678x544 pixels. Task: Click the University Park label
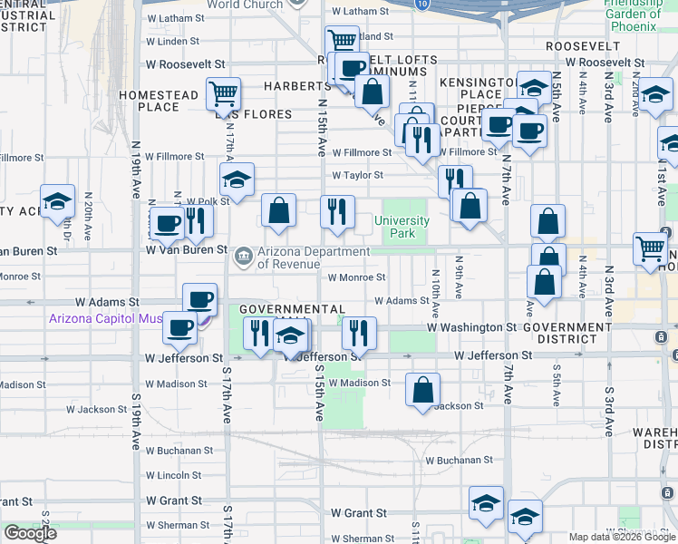point(402,227)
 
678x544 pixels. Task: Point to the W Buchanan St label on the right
point(462,460)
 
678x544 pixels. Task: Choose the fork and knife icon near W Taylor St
point(455,180)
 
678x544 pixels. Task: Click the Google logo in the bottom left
point(30,533)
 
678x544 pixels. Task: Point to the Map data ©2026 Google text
point(622,537)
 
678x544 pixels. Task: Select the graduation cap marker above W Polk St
point(237,180)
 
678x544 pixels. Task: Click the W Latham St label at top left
point(178,17)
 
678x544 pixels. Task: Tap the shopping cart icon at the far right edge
point(651,247)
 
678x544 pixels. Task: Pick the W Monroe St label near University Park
point(357,277)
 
